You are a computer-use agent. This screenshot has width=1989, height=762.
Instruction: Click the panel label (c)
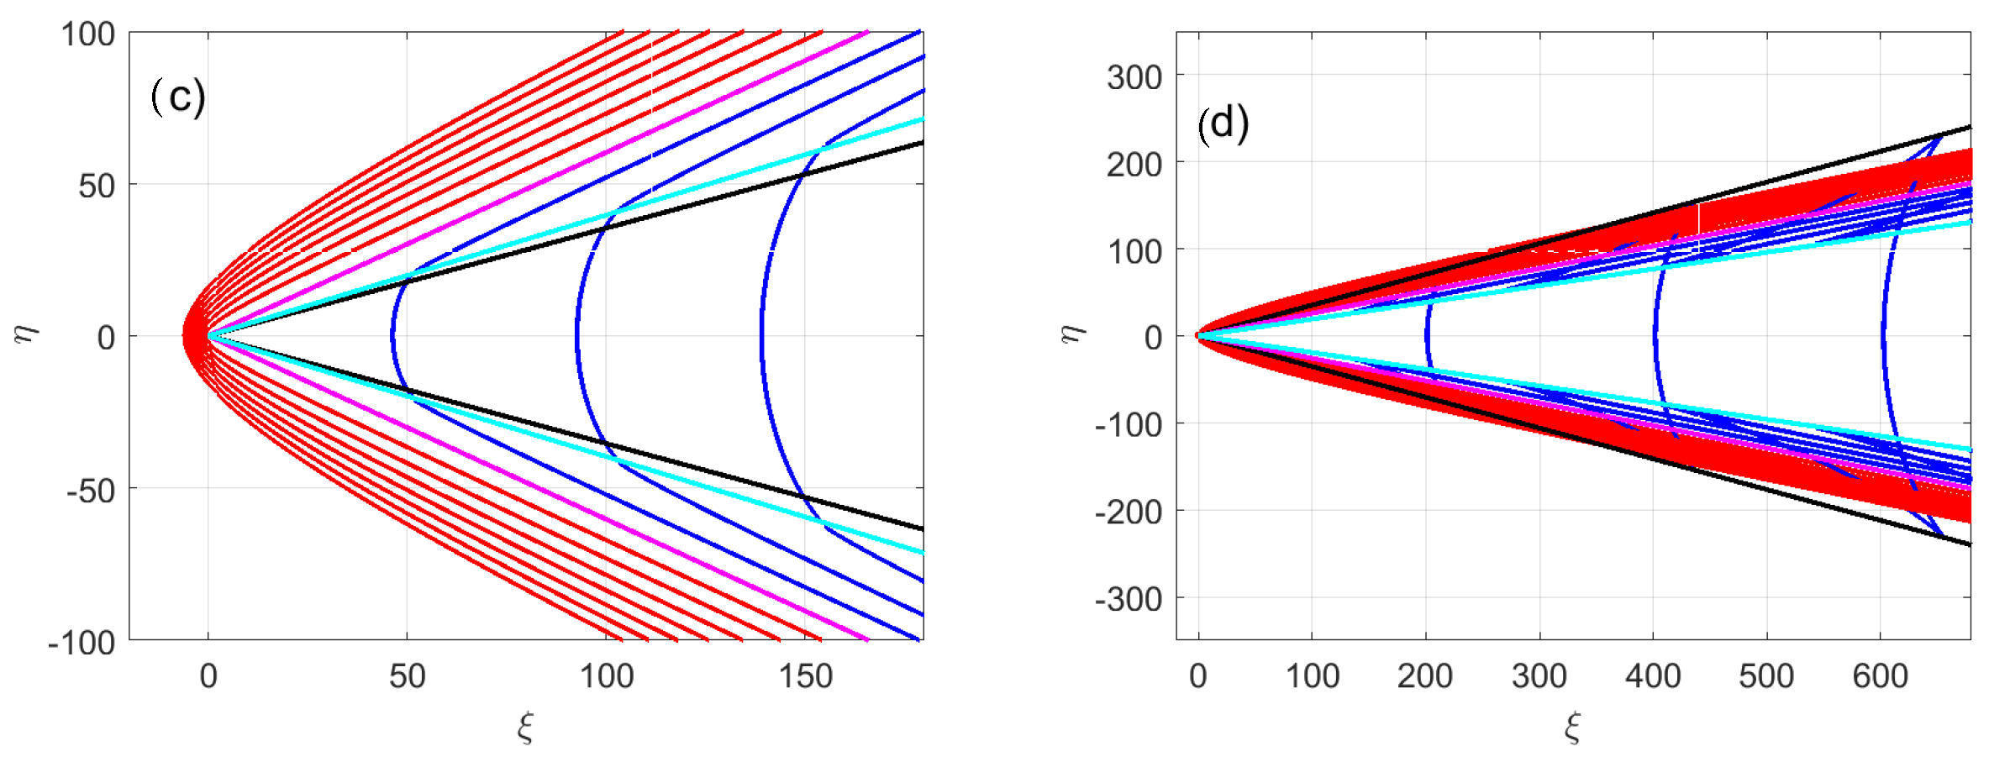pyautogui.click(x=178, y=97)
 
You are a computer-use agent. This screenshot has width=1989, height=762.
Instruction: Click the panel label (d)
pyautogui.click(x=1223, y=123)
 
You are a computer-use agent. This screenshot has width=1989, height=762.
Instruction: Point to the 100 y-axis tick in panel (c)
pyautogui.click(x=87, y=34)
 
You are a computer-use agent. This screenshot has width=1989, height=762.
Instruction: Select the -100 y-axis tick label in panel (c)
pyautogui.click(x=82, y=643)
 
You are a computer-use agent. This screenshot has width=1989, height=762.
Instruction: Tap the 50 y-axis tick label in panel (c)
pyautogui.click(x=97, y=187)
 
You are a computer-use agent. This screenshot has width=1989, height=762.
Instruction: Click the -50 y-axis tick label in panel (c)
pyautogui.click(x=91, y=491)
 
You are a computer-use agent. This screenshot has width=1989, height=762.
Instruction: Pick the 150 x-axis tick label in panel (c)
pyautogui.click(x=805, y=676)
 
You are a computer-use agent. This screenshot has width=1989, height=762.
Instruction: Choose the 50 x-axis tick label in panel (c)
pyautogui.click(x=408, y=676)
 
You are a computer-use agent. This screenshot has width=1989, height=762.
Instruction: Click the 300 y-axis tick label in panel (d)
pyautogui.click(x=1134, y=77)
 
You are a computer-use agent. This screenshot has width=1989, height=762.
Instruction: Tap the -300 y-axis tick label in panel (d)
pyautogui.click(x=1129, y=600)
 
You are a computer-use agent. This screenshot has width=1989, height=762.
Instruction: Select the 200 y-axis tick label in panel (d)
pyautogui.click(x=1134, y=165)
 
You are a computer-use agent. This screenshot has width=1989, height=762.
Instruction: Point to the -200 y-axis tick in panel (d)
pyautogui.click(x=1129, y=512)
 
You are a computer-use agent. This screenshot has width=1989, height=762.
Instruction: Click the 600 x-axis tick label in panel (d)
pyautogui.click(x=1880, y=676)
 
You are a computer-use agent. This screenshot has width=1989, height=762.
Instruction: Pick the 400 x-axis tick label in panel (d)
pyautogui.click(x=1653, y=676)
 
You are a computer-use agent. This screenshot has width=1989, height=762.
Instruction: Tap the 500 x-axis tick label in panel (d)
pyautogui.click(x=1766, y=676)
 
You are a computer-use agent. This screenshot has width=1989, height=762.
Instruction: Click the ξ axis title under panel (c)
pyautogui.click(x=526, y=727)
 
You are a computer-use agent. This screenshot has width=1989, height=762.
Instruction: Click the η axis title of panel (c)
pyautogui.click(x=27, y=334)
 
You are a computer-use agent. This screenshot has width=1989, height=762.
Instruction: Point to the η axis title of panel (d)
pyautogui.click(x=1072, y=334)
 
